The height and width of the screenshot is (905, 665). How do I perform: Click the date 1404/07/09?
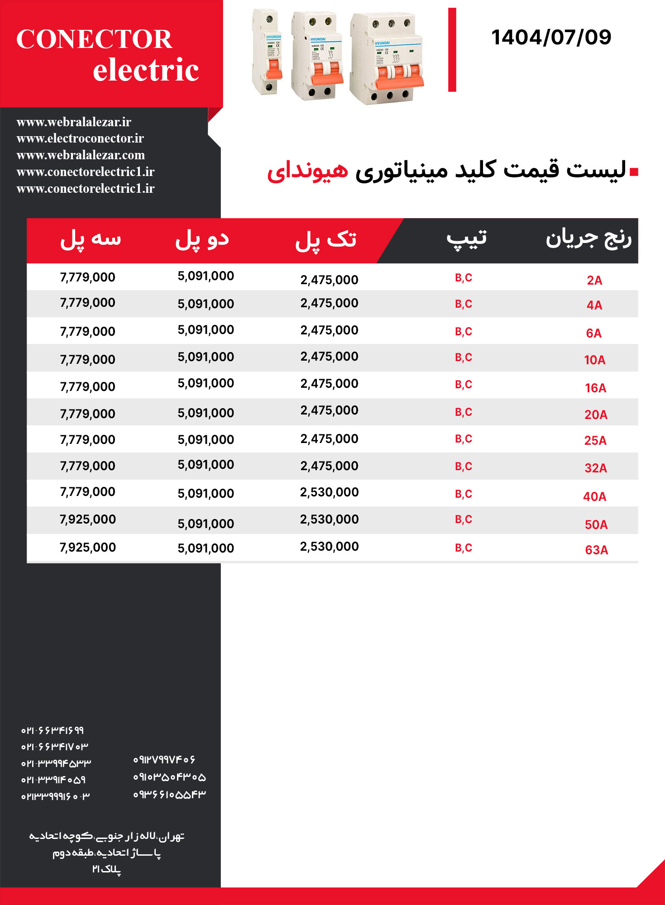(x=551, y=37)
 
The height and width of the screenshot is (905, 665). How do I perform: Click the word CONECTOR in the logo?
(x=94, y=39)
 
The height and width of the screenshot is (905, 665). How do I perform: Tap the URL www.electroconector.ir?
(x=80, y=138)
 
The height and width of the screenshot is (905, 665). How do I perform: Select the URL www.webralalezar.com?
(x=81, y=155)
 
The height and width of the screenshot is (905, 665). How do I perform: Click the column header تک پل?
(x=326, y=239)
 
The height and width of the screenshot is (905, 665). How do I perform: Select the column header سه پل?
(x=91, y=239)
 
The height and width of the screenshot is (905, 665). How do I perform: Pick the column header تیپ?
(x=467, y=238)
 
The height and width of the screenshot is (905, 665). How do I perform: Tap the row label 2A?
(x=594, y=280)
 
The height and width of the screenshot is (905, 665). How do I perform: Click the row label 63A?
(x=596, y=550)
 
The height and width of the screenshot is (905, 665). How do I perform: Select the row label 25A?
(x=595, y=440)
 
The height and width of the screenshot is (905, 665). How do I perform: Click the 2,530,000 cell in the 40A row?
(x=329, y=492)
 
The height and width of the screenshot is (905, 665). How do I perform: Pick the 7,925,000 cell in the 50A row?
(x=88, y=519)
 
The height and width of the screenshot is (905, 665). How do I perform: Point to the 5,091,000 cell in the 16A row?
(x=206, y=383)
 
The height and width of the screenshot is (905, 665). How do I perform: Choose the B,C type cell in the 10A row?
(x=463, y=357)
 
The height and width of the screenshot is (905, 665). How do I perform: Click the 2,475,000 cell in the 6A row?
(x=329, y=330)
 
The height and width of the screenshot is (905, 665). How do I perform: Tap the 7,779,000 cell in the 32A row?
(x=88, y=466)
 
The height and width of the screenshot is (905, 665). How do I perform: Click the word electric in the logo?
(x=146, y=70)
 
